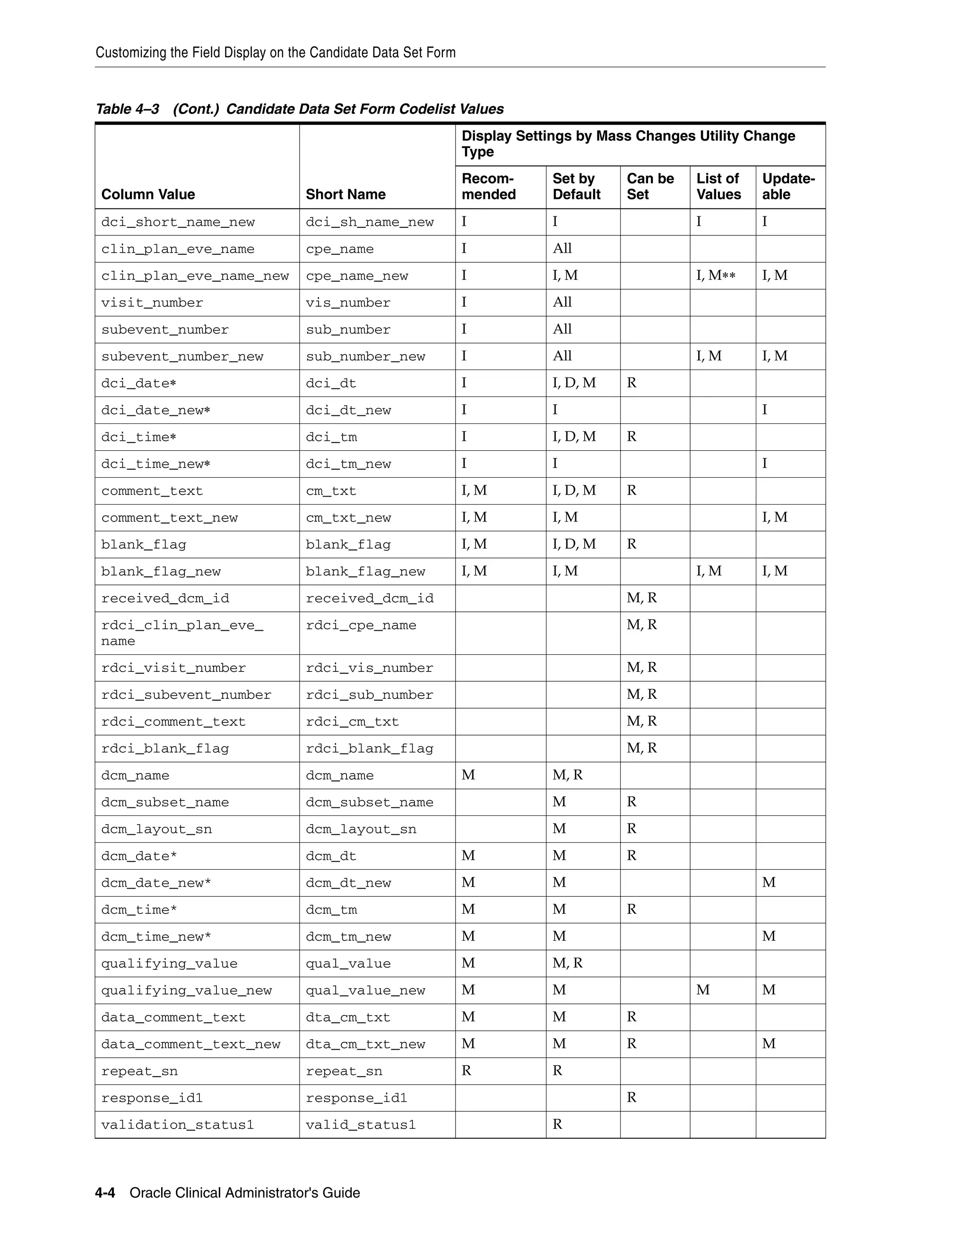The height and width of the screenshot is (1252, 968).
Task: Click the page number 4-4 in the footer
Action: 105,1193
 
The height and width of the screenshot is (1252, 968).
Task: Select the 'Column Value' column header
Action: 148,194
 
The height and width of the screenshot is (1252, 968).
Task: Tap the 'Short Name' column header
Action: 345,194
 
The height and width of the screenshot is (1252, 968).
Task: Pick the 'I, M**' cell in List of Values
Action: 715,276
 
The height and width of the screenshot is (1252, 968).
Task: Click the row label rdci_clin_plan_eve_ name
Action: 182,633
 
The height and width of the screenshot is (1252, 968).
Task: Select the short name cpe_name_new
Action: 357,276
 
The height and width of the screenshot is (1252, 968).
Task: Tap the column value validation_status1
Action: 177,1125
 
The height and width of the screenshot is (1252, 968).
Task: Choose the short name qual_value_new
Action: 365,991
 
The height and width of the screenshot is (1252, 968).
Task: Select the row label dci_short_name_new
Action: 178,223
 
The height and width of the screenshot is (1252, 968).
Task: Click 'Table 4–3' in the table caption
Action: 127,109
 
